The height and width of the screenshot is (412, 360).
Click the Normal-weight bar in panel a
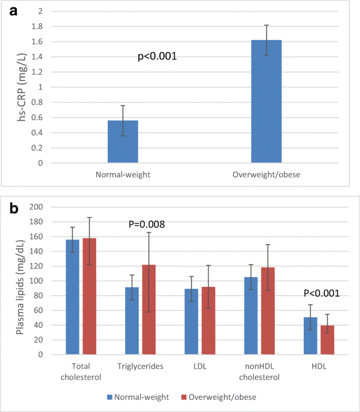(x=123, y=142)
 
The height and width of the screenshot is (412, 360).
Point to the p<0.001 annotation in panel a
(x=157, y=56)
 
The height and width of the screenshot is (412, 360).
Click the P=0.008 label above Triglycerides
(x=147, y=225)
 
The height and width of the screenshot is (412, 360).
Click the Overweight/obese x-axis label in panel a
(x=266, y=174)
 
